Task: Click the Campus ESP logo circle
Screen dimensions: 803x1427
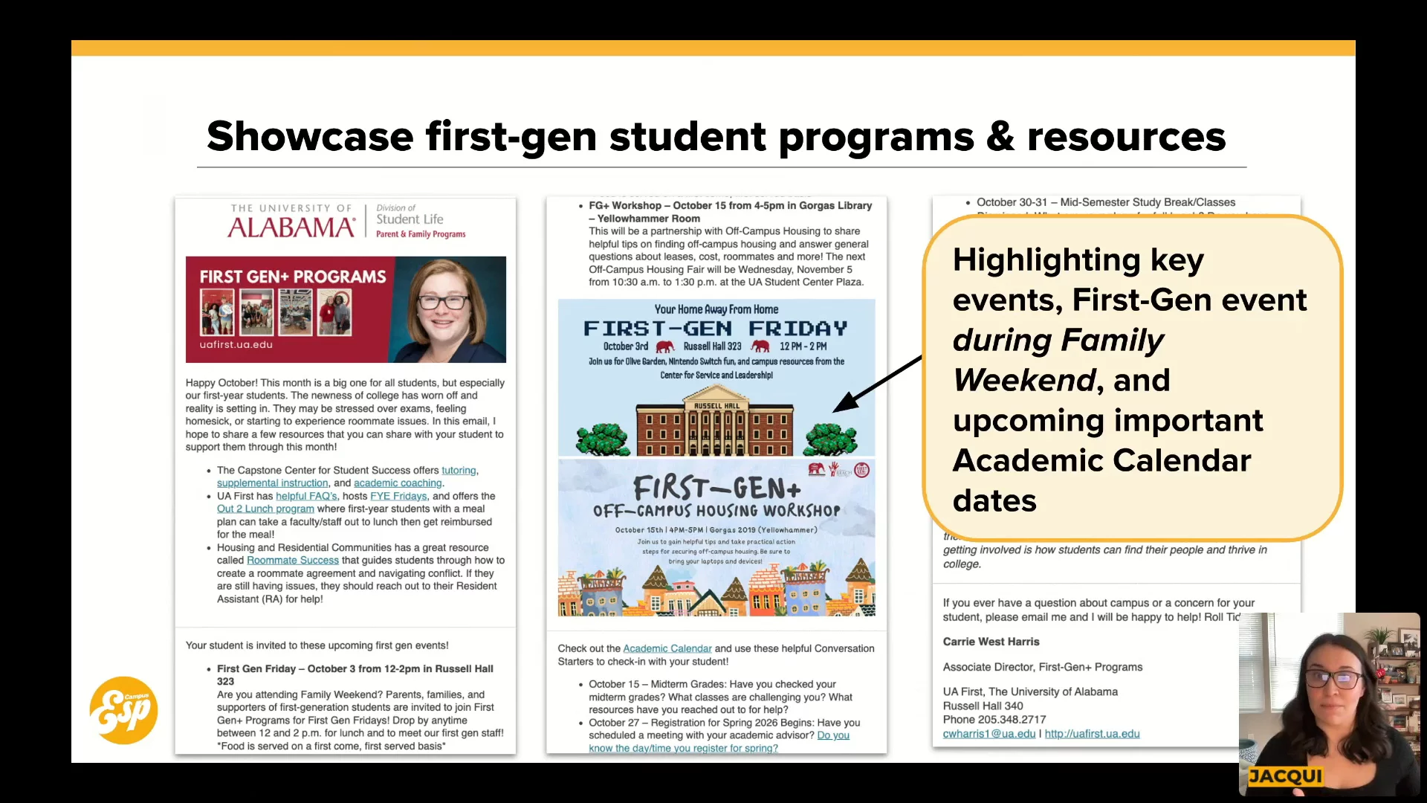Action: pyautogui.click(x=123, y=710)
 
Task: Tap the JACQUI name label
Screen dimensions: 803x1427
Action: pyautogui.click(x=1285, y=776)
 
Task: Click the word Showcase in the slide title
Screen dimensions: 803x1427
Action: pyautogui.click(x=309, y=137)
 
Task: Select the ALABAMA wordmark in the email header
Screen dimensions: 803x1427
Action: pyautogui.click(x=291, y=228)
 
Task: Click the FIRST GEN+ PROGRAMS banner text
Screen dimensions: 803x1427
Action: pyautogui.click(x=293, y=277)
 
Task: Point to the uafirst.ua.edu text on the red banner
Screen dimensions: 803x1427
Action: pyautogui.click(x=236, y=344)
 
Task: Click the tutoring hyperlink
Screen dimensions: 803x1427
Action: pyautogui.click(x=459, y=471)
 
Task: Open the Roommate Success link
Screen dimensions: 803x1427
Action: pyautogui.click(x=292, y=561)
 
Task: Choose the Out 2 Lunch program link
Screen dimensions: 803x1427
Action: pyautogui.click(x=265, y=509)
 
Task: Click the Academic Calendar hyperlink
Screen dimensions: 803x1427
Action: pyautogui.click(x=667, y=649)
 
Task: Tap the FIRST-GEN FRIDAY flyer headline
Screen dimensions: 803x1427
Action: pyautogui.click(x=715, y=329)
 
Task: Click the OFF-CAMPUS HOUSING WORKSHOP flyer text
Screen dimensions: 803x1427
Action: pyautogui.click(x=716, y=511)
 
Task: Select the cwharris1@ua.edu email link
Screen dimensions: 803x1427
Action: pyautogui.click(x=988, y=734)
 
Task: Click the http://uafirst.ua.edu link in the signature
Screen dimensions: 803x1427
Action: pyautogui.click(x=1092, y=734)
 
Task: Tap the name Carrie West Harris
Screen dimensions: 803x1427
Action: pyautogui.click(x=991, y=642)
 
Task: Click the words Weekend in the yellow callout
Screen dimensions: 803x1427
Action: pyautogui.click(x=1023, y=381)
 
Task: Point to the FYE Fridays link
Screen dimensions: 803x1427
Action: pyautogui.click(x=398, y=497)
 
